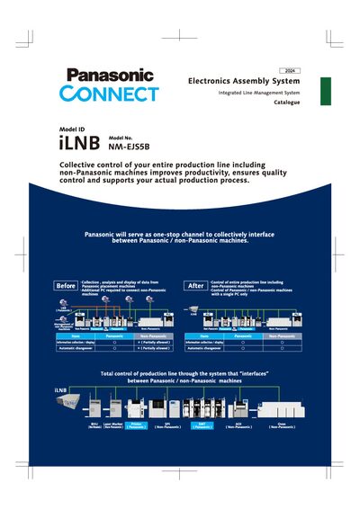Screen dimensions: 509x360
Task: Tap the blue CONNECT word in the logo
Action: point(110,94)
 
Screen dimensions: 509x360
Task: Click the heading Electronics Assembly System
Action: point(244,81)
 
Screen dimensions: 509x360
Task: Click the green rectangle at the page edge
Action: point(326,91)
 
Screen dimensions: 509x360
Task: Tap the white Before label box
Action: point(67,286)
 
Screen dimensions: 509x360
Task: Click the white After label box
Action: point(195,286)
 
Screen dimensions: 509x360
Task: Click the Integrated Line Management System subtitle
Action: point(259,94)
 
